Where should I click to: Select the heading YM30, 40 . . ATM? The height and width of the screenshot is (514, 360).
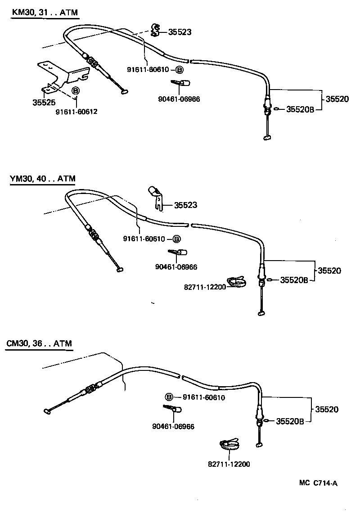tap(42, 179)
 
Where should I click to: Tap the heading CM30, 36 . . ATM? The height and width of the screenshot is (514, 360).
tap(39, 343)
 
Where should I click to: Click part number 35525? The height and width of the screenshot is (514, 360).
tap(44, 102)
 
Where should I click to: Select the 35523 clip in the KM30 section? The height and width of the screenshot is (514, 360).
tap(155, 30)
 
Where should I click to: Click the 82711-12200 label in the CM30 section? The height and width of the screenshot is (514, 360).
tap(229, 464)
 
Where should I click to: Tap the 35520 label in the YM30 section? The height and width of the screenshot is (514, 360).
tap(329, 271)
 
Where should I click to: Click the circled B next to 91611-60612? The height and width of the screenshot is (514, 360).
tap(76, 91)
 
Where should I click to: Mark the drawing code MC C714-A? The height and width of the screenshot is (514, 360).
tap(318, 483)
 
